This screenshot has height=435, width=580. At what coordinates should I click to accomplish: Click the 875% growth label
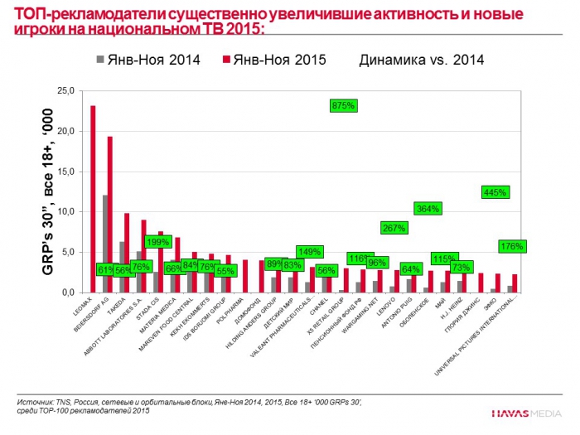click(x=343, y=105)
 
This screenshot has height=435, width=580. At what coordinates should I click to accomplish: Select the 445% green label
click(x=495, y=191)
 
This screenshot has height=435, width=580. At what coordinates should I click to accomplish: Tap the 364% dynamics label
click(x=428, y=209)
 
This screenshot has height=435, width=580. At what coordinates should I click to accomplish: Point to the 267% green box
click(x=393, y=227)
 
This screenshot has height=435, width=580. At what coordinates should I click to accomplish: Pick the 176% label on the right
click(x=513, y=246)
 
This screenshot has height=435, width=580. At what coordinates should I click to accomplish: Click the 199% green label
click(x=157, y=242)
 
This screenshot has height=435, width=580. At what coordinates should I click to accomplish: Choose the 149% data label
click(x=309, y=252)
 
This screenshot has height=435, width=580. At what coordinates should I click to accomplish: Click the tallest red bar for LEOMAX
click(x=93, y=199)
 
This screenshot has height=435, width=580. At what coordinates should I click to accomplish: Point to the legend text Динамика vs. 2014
click(x=421, y=60)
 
